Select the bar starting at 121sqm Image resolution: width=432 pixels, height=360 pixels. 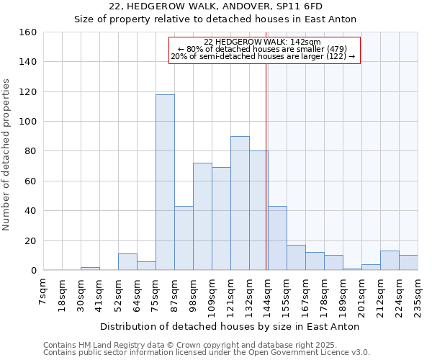[x=240, y=203]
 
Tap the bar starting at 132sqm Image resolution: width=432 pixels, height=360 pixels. [x=258, y=210]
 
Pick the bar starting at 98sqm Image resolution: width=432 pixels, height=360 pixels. [x=202, y=216]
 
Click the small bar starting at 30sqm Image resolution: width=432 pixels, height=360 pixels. [x=90, y=269]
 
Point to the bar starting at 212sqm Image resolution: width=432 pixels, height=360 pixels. [x=390, y=260]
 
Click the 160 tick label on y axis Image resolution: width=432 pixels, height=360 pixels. [x=28, y=32]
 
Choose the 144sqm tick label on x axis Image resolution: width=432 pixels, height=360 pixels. [x=268, y=294]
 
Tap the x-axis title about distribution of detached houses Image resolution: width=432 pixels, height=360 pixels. [x=230, y=326]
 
